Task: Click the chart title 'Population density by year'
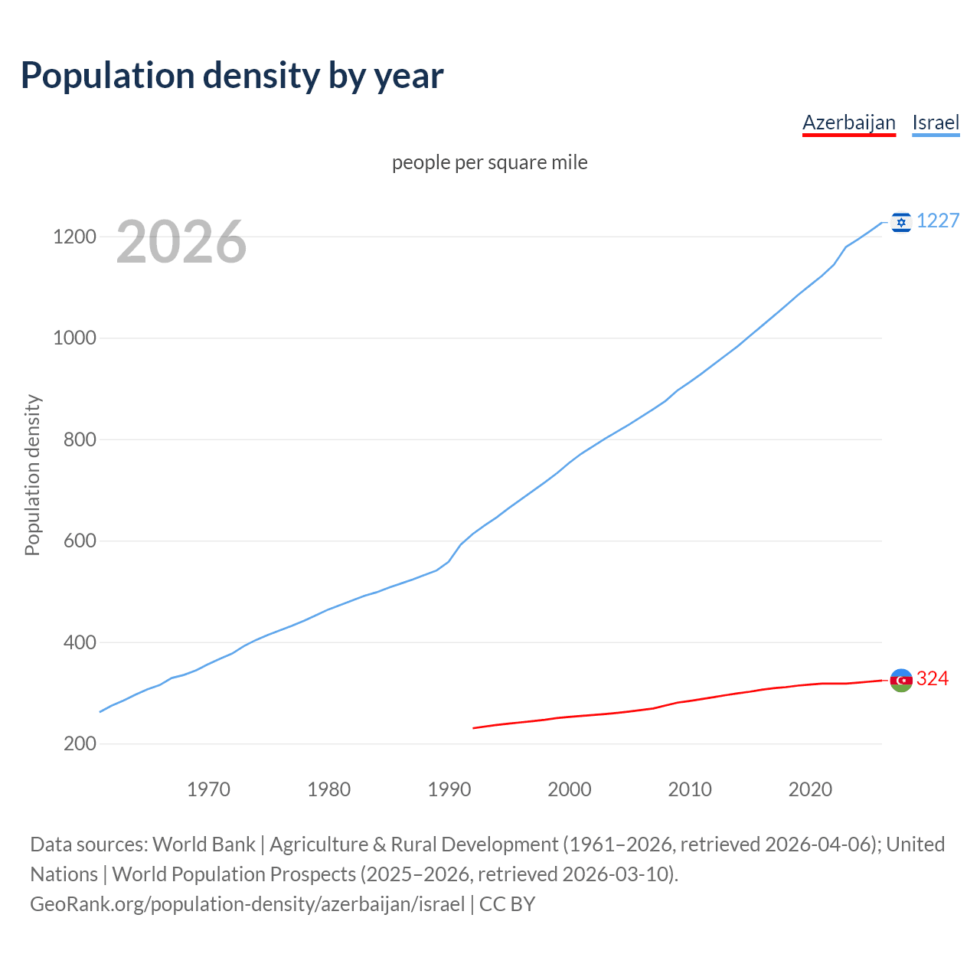pos(232,76)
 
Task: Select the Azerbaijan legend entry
pos(848,122)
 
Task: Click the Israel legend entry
pos(936,122)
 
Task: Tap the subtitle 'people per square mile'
pos(489,162)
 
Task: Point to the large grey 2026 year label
pos(181,242)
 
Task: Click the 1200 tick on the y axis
pos(74,237)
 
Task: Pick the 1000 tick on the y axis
pos(74,338)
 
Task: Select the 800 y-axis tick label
pos(80,439)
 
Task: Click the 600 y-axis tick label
pos(80,541)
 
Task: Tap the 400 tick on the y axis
pos(80,642)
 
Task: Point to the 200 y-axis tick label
pos(80,744)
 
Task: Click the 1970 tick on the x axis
pos(208,789)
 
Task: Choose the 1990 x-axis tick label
pos(449,789)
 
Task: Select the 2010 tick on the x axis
pos(690,789)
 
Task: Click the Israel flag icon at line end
pos(901,222)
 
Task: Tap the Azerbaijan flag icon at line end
pos(901,680)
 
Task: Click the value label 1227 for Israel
pos(938,220)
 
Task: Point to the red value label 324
pos(933,678)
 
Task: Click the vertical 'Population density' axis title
pos(32,475)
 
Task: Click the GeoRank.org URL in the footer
pos(247,904)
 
